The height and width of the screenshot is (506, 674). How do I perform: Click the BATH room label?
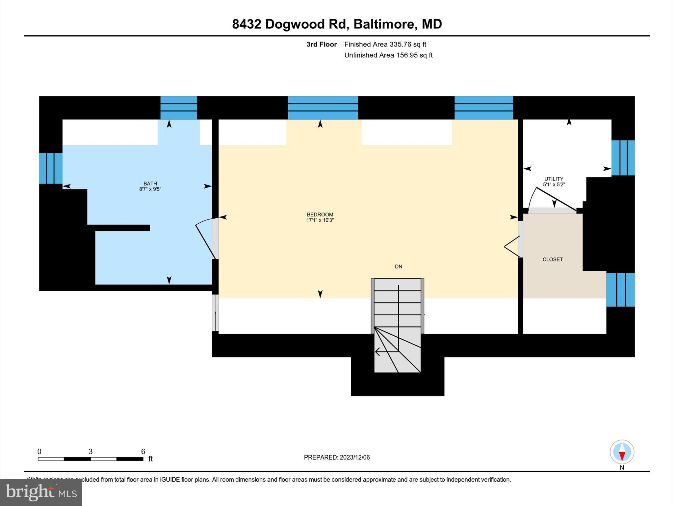click(150, 183)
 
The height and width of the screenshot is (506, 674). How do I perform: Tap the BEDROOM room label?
click(320, 214)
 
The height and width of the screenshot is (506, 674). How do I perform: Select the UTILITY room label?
click(554, 179)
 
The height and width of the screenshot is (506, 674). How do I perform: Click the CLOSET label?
click(553, 259)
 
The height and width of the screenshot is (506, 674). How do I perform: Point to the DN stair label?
click(398, 267)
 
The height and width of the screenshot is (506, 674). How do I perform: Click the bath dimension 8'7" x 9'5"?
click(150, 189)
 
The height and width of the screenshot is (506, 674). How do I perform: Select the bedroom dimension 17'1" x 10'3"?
click(320, 220)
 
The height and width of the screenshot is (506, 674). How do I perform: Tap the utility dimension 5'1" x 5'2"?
click(554, 184)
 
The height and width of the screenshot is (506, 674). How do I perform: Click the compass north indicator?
click(622, 452)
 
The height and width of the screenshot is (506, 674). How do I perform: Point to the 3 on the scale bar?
click(91, 452)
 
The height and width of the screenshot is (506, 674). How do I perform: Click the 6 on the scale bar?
click(143, 452)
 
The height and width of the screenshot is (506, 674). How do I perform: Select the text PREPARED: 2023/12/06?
click(337, 457)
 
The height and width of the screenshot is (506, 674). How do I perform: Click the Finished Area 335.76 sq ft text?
click(385, 44)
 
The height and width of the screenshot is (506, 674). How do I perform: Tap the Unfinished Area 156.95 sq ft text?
click(388, 55)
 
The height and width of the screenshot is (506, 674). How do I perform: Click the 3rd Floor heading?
click(322, 44)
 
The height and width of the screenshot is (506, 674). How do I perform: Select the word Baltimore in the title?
click(384, 24)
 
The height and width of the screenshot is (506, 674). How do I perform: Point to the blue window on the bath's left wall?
click(51, 168)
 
